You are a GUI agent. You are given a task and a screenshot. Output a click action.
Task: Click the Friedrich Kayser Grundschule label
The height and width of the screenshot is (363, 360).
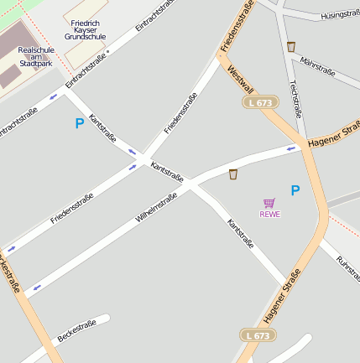click(x=88, y=29)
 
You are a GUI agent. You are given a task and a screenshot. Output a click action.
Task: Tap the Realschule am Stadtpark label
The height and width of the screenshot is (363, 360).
click(x=35, y=56)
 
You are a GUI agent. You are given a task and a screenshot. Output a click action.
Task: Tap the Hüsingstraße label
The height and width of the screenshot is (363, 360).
click(x=339, y=16)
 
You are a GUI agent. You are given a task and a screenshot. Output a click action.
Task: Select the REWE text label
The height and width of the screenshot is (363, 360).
click(x=269, y=214)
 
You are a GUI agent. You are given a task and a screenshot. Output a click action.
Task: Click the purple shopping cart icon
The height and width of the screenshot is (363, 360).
click(x=269, y=203)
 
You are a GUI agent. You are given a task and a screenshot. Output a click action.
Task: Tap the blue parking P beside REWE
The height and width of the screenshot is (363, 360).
click(x=295, y=190)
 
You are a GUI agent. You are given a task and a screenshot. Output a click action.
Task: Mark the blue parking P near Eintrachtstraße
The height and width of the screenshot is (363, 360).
click(x=80, y=123)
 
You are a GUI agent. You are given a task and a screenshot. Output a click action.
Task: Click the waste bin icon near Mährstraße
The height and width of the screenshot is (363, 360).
click(x=290, y=47)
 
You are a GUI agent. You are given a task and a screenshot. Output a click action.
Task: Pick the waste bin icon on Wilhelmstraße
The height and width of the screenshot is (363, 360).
click(x=232, y=174)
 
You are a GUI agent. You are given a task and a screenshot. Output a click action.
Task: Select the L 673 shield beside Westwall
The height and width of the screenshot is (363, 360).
click(x=260, y=102)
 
